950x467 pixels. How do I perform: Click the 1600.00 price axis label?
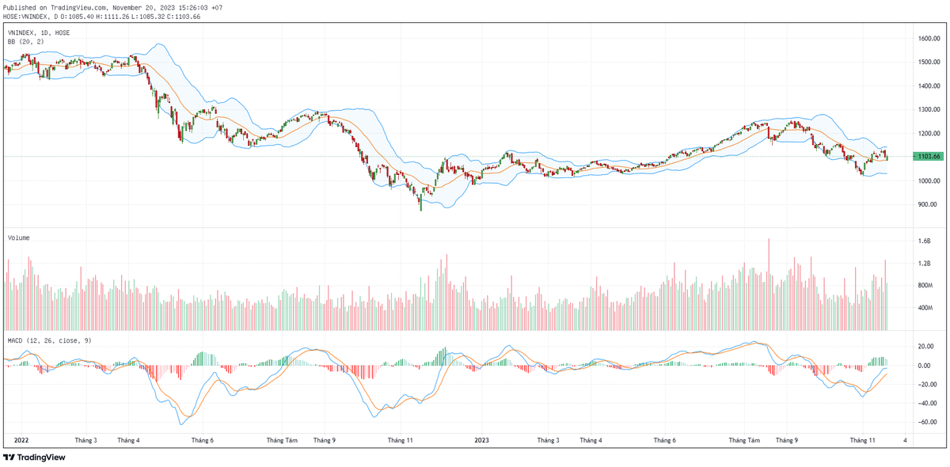(929, 38)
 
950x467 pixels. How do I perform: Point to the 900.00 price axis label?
(929, 204)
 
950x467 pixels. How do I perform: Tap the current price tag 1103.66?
(929, 157)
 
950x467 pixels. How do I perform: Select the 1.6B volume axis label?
(925, 241)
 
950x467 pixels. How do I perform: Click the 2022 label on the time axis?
(21, 439)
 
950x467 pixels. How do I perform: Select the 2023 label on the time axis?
(483, 439)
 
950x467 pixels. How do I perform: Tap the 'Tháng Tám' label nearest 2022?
(282, 439)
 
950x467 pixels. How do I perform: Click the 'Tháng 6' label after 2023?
(664, 439)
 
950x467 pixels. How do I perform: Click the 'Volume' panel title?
(20, 237)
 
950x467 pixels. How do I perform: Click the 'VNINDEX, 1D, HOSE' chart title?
(40, 32)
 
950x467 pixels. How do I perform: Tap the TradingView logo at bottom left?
(35, 457)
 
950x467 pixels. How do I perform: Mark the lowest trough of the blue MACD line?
(182, 423)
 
